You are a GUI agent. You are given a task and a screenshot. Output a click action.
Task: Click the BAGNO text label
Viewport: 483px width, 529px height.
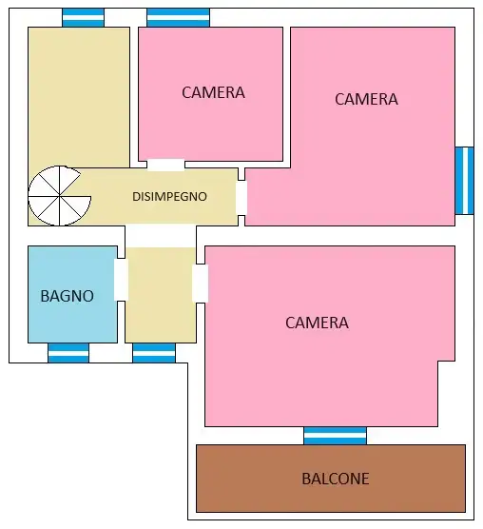(x=67, y=296)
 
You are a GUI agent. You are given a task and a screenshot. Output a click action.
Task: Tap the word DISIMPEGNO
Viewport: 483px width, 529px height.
(x=183, y=197)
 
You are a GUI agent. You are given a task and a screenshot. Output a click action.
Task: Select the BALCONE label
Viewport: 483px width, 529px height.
(x=335, y=479)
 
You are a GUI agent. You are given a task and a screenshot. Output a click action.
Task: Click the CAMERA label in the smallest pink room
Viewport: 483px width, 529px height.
(x=213, y=92)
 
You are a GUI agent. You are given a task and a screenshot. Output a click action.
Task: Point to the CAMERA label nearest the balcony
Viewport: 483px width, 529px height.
(x=317, y=323)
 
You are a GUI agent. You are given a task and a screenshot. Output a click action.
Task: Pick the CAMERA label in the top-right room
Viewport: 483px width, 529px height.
(x=366, y=99)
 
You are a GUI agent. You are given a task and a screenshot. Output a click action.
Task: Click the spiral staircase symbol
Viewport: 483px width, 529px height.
(x=60, y=196)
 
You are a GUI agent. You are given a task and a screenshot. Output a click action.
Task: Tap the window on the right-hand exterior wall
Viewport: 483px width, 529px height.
(x=464, y=181)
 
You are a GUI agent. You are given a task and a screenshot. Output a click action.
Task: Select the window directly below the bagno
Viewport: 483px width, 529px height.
(x=68, y=353)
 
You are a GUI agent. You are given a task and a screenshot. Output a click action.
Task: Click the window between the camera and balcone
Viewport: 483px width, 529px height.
(x=335, y=436)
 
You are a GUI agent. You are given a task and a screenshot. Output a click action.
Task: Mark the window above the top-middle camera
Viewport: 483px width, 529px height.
(x=178, y=17)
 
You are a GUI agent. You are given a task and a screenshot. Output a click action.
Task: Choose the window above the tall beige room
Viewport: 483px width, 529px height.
(x=83, y=17)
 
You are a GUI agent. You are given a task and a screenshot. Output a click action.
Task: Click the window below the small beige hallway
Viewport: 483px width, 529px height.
(x=154, y=353)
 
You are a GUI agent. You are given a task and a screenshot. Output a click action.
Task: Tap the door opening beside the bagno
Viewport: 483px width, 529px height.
(x=121, y=279)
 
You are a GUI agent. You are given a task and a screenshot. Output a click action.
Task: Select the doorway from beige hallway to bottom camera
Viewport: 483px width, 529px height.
(x=200, y=284)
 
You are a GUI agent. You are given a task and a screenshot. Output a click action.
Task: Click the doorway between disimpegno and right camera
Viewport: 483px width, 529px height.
(x=241, y=197)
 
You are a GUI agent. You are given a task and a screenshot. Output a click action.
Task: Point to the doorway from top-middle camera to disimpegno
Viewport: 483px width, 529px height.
(x=165, y=165)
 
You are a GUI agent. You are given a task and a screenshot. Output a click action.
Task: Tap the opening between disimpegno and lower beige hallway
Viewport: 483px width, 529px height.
(x=160, y=236)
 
